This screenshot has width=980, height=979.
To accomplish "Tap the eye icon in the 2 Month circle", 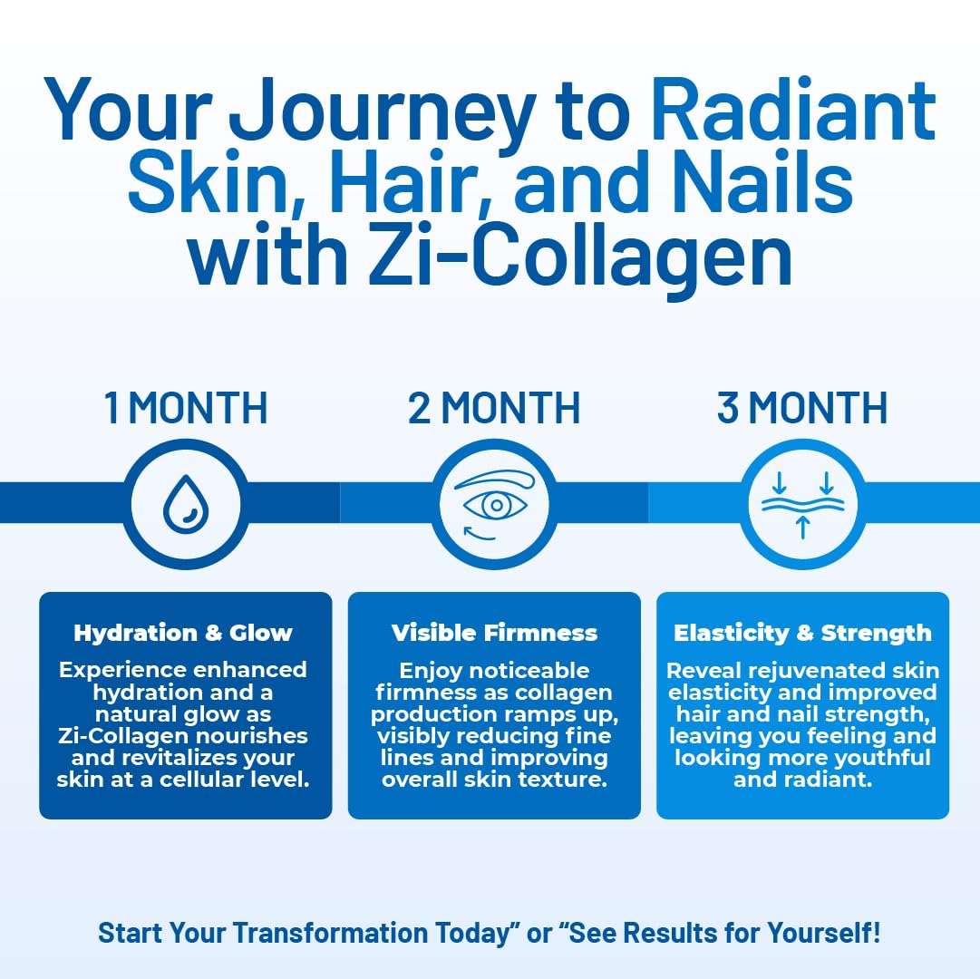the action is (x=495, y=505).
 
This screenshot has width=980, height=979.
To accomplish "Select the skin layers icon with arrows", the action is (x=803, y=505).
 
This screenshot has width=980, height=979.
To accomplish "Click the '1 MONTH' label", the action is (x=186, y=408).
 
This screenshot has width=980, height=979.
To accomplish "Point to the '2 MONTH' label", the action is (x=494, y=408).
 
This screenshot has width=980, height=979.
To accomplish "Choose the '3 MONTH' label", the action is (x=802, y=408).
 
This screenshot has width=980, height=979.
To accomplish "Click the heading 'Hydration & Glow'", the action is (x=183, y=633).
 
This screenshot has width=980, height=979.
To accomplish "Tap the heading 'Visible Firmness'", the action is (x=494, y=633).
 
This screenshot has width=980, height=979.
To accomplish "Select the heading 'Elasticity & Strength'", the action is (x=802, y=633).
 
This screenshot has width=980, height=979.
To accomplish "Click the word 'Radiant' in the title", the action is (x=793, y=110).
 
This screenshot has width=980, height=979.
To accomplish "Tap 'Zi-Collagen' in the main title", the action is (x=580, y=256).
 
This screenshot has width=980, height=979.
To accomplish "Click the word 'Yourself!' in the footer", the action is (x=824, y=933).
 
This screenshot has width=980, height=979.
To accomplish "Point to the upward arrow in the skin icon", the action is (x=803, y=528).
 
